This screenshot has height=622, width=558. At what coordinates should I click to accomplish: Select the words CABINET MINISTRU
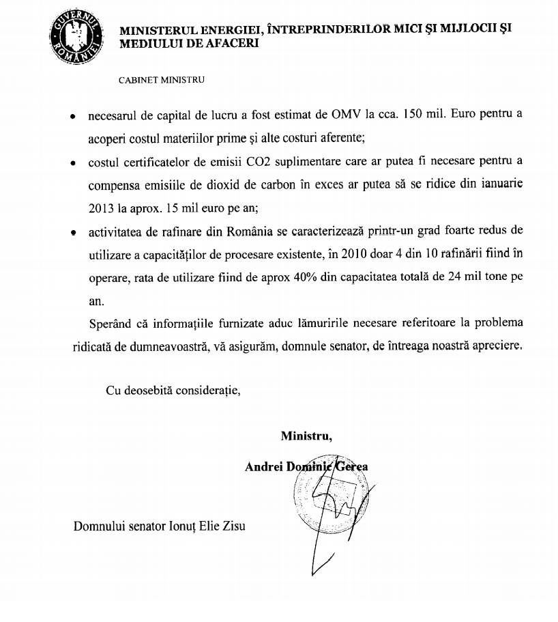coord(161,79)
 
